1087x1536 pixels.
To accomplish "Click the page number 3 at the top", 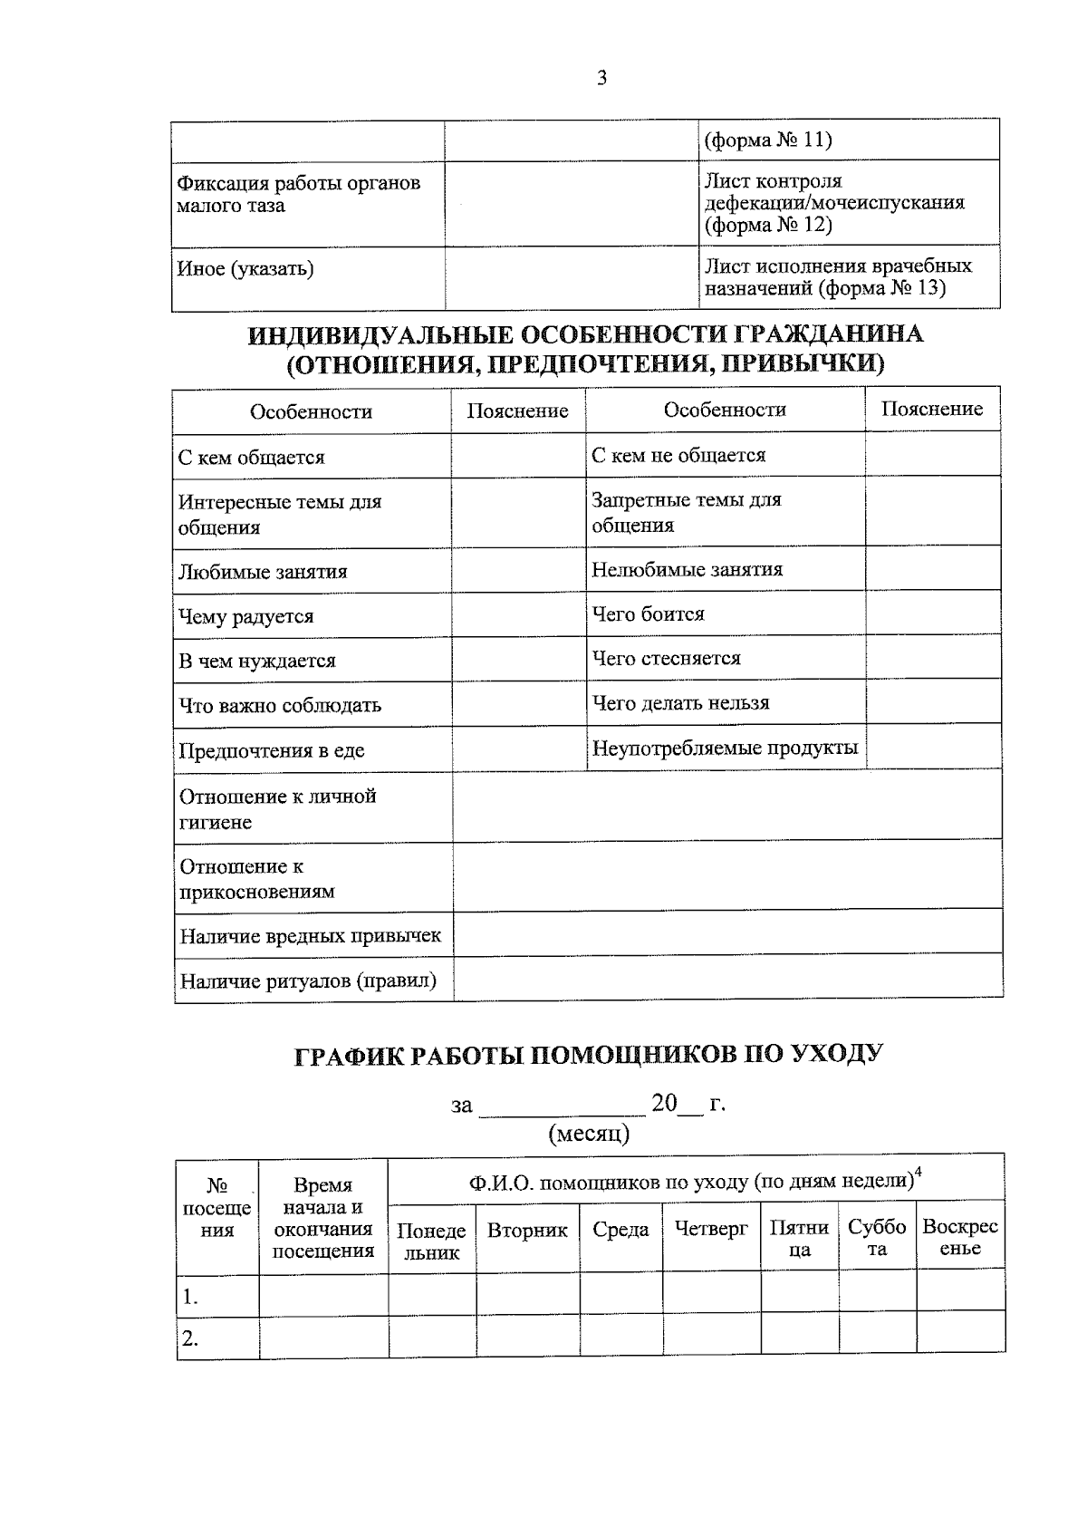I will coord(601,78).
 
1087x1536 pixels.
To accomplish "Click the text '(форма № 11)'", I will coord(767,140).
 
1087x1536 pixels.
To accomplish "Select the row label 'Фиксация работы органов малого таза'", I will coord(299,194).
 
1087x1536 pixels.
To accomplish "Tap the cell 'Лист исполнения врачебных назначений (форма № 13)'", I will coord(838,277).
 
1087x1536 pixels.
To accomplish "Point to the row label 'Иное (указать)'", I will coord(245,269).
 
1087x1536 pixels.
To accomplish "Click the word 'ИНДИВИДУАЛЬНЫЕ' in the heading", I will coord(379,335).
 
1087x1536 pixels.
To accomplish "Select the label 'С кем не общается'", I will coord(678,455).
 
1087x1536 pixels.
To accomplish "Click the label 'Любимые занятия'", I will coord(263,572).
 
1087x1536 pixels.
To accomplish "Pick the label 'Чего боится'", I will coord(648,614).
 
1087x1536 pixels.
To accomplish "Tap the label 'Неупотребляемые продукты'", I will coord(725,749).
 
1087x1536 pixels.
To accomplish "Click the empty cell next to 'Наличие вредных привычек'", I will coord(726,933).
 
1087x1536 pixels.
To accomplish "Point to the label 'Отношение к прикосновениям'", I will coord(257,879).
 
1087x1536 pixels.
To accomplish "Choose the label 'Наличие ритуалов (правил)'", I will coord(308,981).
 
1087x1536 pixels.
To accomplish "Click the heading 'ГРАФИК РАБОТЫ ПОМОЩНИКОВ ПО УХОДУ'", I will coord(589,1055).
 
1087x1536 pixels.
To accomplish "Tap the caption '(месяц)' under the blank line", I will coord(589,1134).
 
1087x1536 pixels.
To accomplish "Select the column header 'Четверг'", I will coord(711,1229).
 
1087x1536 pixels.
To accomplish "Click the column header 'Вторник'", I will coord(527,1230).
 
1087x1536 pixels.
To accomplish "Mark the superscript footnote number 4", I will coord(919,1173).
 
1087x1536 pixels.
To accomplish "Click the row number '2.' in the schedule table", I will coord(189,1338).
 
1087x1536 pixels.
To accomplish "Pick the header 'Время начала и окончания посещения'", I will coord(323,1218).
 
